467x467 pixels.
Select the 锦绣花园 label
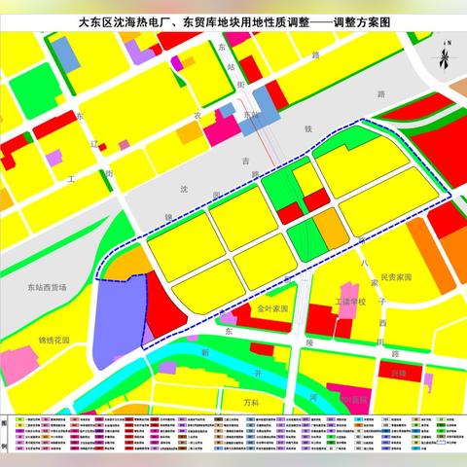(55, 341)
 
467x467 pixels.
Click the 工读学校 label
(351, 303)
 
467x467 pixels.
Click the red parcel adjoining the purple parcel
(160, 308)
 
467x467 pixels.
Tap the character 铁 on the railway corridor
(307, 127)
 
